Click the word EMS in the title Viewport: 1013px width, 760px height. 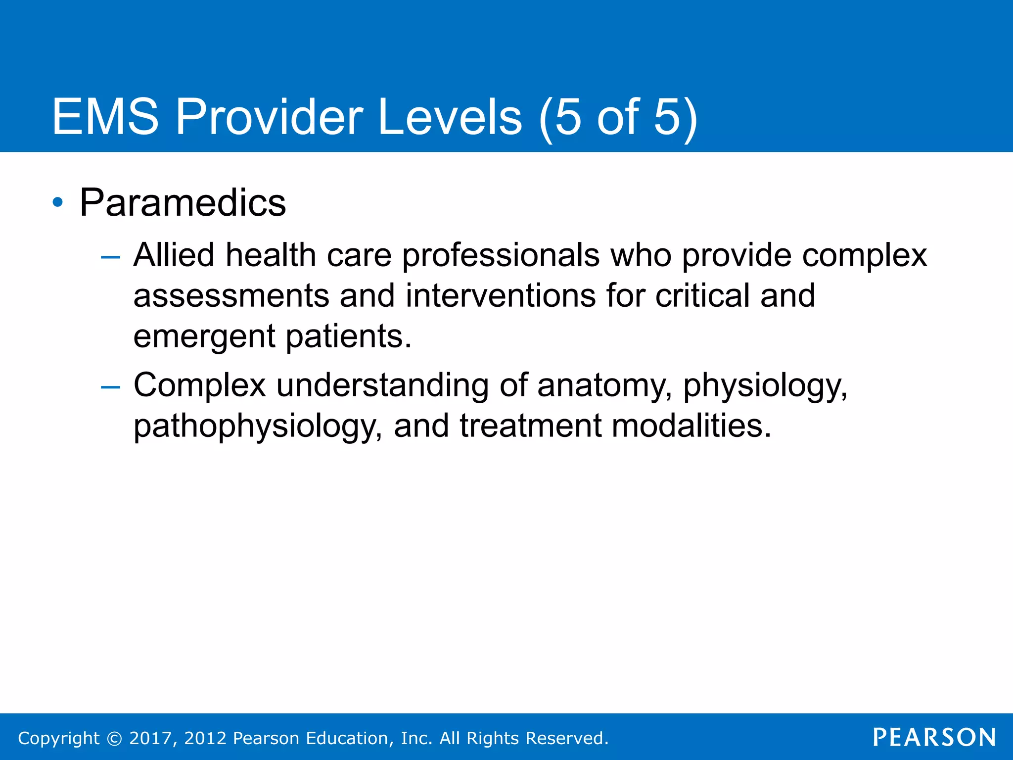[105, 117]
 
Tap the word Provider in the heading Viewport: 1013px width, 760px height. [270, 117]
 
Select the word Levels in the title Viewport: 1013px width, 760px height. [450, 117]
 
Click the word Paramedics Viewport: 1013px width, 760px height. [183, 203]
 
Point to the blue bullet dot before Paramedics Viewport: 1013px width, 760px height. [58, 202]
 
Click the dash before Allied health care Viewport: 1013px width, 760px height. [110, 257]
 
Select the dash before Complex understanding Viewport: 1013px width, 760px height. [110, 386]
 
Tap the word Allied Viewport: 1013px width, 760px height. [174, 255]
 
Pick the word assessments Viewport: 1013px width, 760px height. [231, 296]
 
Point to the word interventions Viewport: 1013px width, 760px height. [501, 296]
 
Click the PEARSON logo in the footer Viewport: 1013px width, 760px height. [934, 738]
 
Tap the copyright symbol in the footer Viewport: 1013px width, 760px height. [114, 738]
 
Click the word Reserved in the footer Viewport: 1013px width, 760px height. [566, 738]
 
